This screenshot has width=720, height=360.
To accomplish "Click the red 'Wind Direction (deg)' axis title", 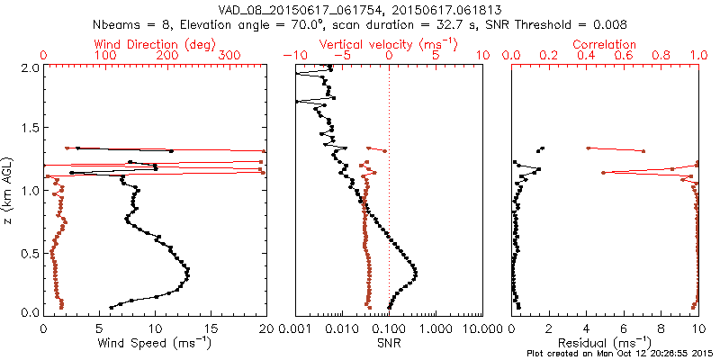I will pos(156,44).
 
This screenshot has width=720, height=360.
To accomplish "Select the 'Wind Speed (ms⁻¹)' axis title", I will pos(155,343).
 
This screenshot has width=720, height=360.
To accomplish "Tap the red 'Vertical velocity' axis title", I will pos(389,44).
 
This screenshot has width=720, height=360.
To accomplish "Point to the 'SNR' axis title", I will pos(389,343).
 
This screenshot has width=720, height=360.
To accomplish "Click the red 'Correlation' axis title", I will pos(606,44).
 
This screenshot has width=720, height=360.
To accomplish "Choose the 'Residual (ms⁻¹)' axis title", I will pos(606,343).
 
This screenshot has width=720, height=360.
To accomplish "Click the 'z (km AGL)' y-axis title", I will pos(8,190).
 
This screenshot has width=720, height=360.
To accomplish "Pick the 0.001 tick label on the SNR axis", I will pos(296,328).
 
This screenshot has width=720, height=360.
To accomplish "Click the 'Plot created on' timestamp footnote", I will pos(621,354).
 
